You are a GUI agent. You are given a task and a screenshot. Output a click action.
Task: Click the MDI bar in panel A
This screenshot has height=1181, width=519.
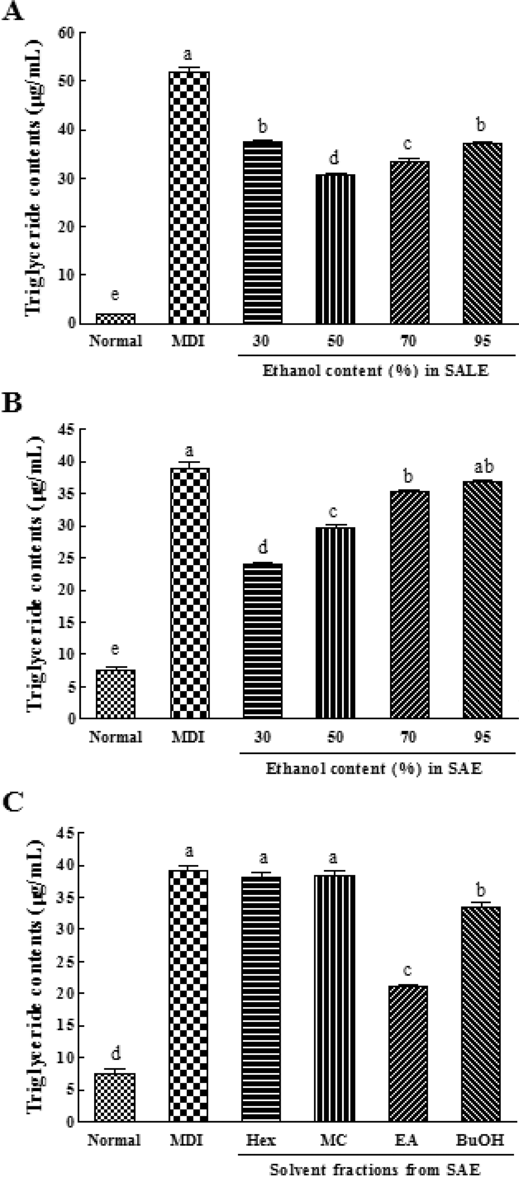pyautogui.click(x=189, y=197)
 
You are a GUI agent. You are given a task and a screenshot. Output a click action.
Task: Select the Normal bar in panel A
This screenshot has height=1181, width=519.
pyautogui.click(x=115, y=319)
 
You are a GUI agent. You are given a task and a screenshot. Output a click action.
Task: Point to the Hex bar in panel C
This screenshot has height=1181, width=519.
pyautogui.click(x=261, y=999)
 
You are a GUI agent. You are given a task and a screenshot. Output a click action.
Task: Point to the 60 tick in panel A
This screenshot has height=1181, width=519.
pyautogui.click(x=66, y=33)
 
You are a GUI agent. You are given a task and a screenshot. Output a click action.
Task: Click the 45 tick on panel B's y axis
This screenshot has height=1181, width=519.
pyautogui.click(x=66, y=430)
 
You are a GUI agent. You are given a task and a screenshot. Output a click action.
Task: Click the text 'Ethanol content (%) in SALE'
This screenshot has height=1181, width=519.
pyautogui.click(x=375, y=370)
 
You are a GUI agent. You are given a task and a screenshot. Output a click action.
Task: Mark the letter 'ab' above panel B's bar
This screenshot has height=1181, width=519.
pyautogui.click(x=483, y=467)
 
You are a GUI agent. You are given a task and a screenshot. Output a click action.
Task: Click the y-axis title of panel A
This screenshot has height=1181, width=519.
pyautogui.click(x=34, y=176)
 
